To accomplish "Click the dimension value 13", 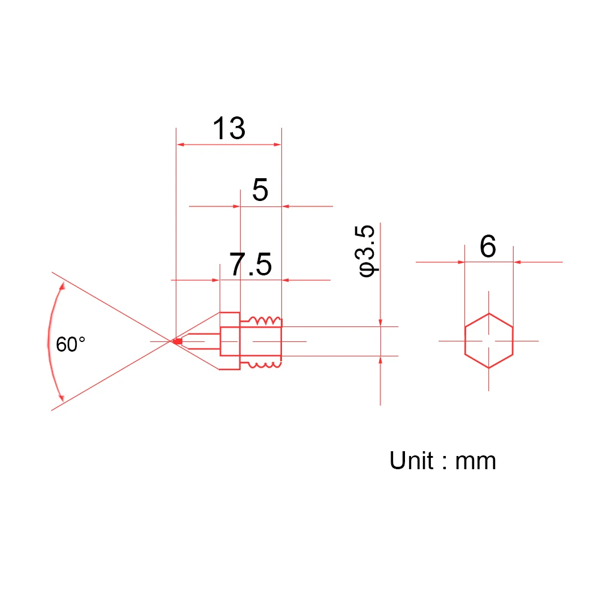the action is (x=229, y=128).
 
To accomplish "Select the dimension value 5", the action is (x=260, y=190).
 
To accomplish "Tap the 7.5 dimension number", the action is (x=251, y=264).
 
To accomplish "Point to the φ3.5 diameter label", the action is (x=366, y=251).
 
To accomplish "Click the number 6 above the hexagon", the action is (x=488, y=246).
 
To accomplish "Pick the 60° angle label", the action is (x=71, y=344).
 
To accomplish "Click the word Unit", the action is (x=412, y=460).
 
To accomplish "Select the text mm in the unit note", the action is (x=476, y=462).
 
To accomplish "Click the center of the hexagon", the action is (x=488, y=341).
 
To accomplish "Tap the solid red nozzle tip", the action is (x=178, y=341).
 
